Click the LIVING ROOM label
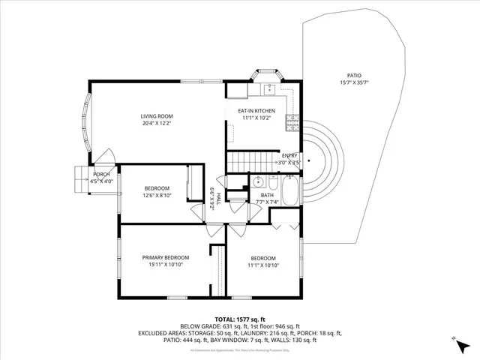pos(157,115)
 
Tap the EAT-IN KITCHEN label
pos(256,111)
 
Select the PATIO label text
pos(354,76)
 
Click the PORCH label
pos(100,174)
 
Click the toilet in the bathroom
pos(273,182)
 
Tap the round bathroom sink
pos(257,181)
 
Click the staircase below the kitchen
pos(247,160)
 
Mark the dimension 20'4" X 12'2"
pos(157,123)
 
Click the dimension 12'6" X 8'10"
pos(157,195)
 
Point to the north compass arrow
pos(454,341)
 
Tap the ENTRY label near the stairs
pos(289,155)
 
